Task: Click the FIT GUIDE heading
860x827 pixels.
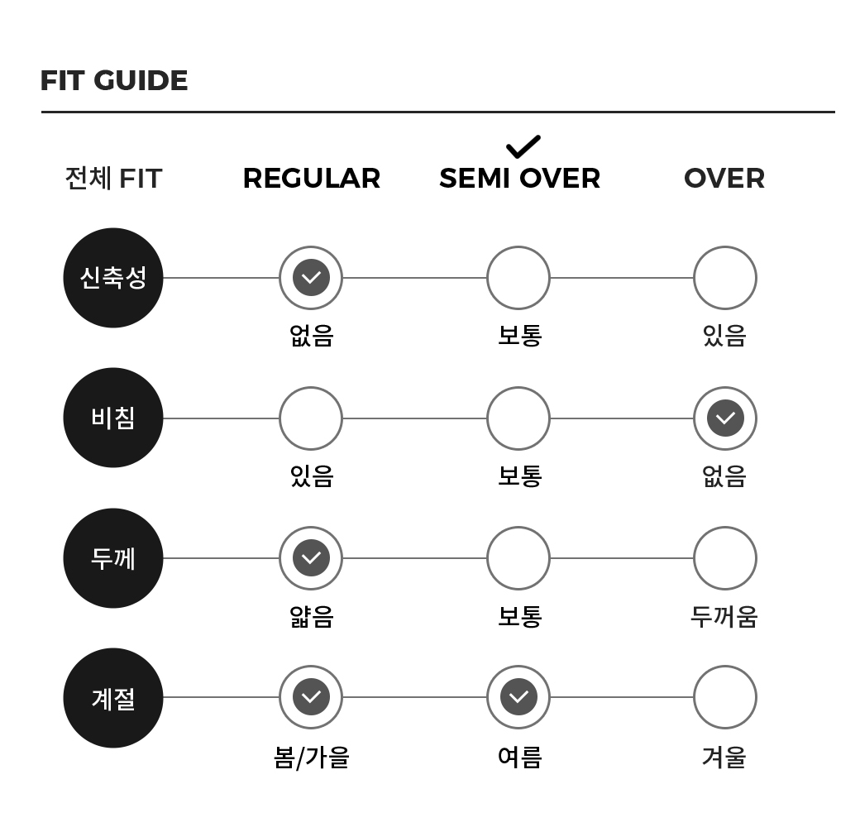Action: (x=114, y=80)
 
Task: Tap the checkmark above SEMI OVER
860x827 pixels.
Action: (x=523, y=147)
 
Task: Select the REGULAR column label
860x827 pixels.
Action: (x=312, y=179)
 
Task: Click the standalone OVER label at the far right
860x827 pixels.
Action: (x=724, y=179)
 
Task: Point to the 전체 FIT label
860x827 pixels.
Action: (x=113, y=179)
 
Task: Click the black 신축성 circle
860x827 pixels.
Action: (x=113, y=278)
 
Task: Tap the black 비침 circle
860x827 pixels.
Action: (x=113, y=418)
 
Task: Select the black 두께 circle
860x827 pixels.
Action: (x=113, y=558)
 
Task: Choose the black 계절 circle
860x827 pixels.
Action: (x=113, y=698)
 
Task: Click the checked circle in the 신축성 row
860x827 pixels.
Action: (x=311, y=278)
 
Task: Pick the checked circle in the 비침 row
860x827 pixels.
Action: (x=725, y=418)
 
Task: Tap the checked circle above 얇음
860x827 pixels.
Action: (x=311, y=558)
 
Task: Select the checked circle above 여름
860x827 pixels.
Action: (x=518, y=697)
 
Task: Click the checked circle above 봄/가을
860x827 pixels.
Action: (x=311, y=697)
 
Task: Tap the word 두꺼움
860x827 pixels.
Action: (x=724, y=617)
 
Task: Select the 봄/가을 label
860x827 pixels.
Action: (x=312, y=758)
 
